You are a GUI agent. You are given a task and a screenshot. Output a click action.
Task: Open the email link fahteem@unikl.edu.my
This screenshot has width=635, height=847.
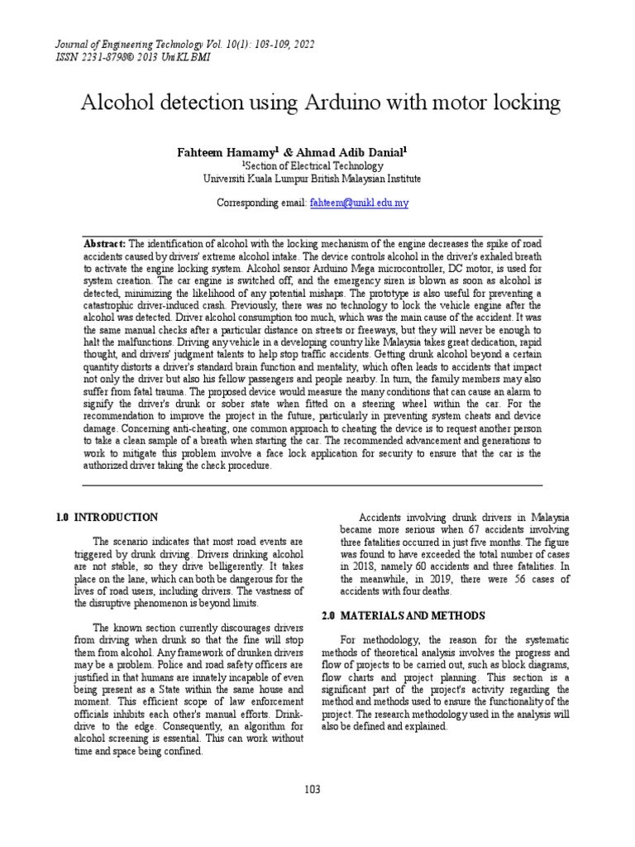point(360,203)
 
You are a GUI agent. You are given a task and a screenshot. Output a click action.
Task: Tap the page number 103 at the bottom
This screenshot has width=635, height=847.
point(312,790)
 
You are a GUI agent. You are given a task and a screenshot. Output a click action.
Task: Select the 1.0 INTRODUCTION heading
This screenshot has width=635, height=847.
point(106,518)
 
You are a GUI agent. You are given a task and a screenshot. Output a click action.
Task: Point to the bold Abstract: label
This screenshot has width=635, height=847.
point(105,244)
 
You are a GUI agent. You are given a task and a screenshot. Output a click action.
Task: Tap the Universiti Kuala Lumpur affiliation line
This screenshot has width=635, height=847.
point(312,178)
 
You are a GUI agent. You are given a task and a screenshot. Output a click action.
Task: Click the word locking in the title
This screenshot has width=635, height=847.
point(523,103)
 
